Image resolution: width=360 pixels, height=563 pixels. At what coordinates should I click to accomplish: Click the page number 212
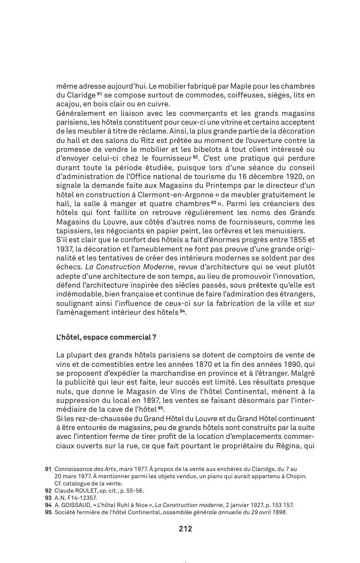tap(185, 529)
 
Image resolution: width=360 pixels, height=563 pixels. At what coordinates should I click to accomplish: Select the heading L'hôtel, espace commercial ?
tap(106, 337)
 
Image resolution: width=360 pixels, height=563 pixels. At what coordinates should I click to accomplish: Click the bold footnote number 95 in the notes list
tap(48, 512)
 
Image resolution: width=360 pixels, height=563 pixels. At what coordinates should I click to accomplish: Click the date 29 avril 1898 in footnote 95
tap(264, 512)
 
